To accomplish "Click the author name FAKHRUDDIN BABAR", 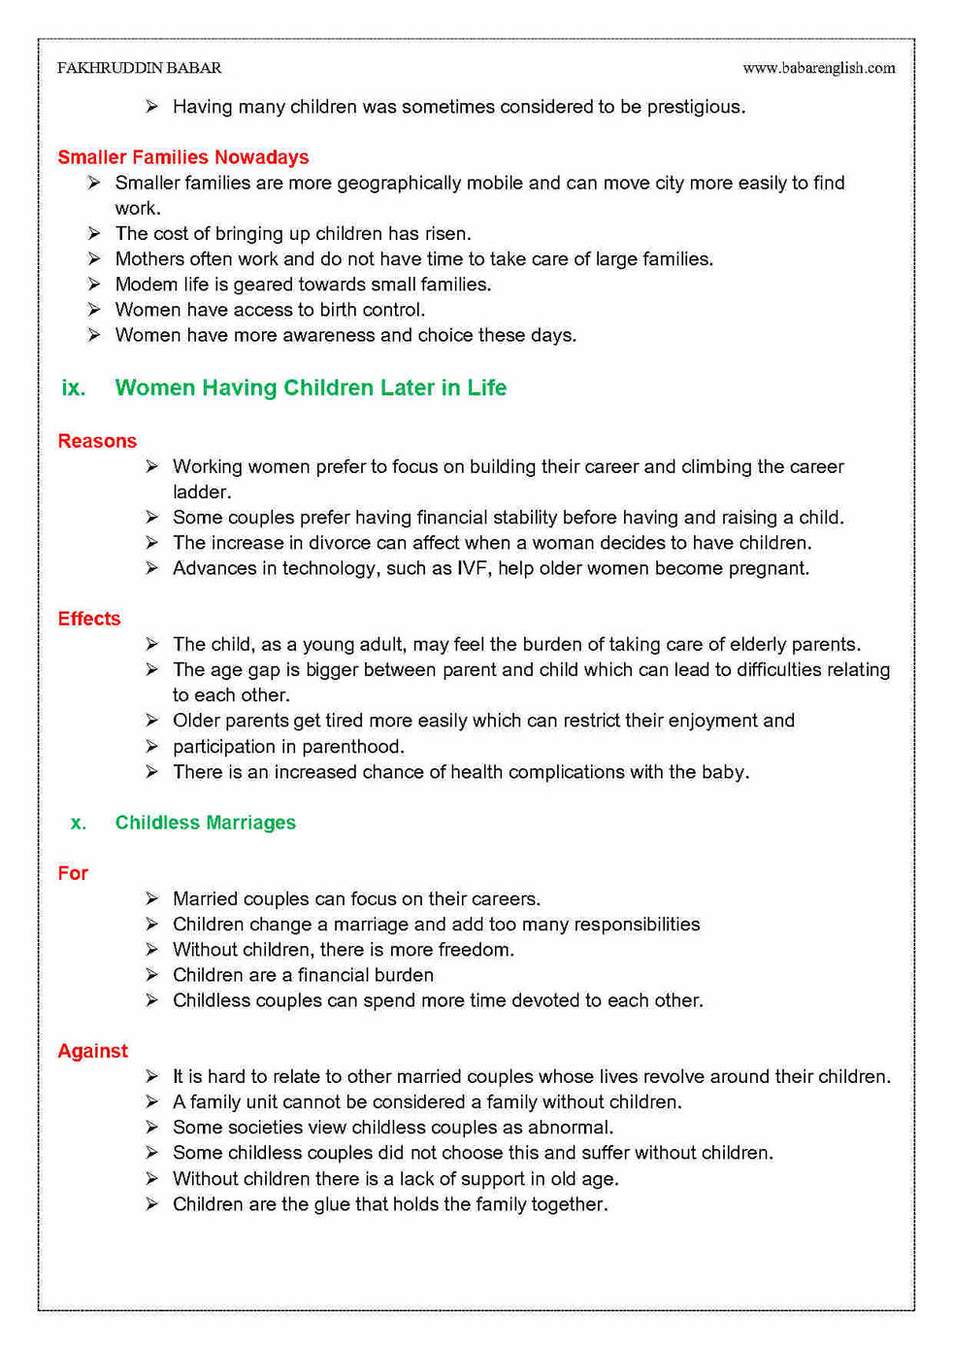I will coord(139,68).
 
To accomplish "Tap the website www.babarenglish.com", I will coord(818,68).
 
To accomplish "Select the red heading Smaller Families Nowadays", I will coord(182,157).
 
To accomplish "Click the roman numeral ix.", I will coord(73,388).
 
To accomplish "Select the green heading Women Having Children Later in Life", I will coord(311,388).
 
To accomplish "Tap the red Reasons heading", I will coord(97,441).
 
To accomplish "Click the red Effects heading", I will coord(89,619).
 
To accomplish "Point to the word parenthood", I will coord(353,747).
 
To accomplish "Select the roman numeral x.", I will coord(78,823).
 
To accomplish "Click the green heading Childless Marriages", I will coord(205,823).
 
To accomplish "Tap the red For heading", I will coord(73,873).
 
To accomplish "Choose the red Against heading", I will coord(92,1051).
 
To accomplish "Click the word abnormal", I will coord(570,1128).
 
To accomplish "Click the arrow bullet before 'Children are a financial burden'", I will coord(152,975).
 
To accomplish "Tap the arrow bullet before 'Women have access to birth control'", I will coord(94,310).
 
